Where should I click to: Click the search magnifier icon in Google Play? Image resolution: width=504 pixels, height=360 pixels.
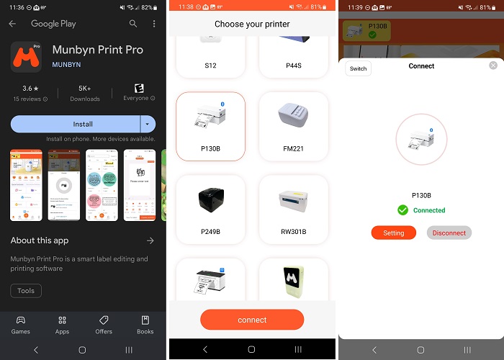132,24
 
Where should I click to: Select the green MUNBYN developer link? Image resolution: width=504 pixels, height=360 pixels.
66,65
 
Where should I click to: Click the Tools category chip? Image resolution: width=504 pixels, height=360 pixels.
26,291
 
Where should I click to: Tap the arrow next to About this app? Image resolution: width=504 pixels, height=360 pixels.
150,240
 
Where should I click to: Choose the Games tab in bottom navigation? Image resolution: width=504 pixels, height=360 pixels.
21,325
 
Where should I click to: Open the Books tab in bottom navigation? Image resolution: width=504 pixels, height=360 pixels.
145,325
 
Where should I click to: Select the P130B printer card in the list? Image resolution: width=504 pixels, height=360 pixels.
210,126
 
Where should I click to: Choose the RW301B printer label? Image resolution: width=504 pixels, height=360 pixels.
294,232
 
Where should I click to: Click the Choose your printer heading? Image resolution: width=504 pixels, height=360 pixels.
252,24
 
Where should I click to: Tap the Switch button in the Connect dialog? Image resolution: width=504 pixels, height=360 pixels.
358,69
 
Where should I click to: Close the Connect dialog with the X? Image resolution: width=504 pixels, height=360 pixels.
493,66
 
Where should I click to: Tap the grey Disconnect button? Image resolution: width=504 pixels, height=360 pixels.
449,233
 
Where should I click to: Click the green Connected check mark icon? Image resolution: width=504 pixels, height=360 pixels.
403,210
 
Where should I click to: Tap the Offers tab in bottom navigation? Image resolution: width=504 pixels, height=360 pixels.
104,325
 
